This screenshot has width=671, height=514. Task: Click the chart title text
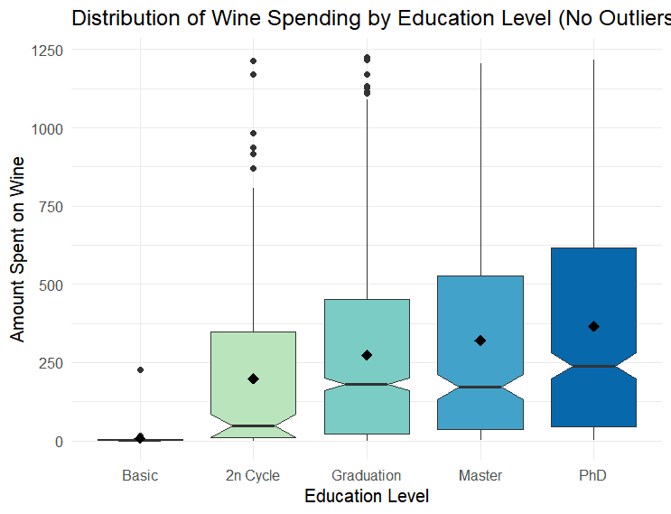tap(370, 18)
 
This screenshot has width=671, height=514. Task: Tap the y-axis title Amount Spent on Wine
tap(18, 249)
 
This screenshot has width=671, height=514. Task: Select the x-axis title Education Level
tap(366, 496)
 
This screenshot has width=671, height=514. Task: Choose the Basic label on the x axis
tap(140, 475)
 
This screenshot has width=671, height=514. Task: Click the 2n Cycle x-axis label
tap(253, 475)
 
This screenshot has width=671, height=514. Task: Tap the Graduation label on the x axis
tap(366, 475)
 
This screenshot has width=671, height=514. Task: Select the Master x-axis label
tap(480, 475)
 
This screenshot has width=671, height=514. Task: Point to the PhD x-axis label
tap(593, 475)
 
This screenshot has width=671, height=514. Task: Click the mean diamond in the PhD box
tap(593, 326)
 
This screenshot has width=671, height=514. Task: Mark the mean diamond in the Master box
tap(480, 341)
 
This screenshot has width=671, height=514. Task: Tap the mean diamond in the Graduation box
tap(367, 355)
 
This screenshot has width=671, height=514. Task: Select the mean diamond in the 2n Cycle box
tap(254, 378)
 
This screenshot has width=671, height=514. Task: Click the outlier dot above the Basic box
tap(140, 369)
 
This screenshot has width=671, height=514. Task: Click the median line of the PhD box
tap(593, 366)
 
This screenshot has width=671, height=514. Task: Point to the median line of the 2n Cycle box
tap(254, 425)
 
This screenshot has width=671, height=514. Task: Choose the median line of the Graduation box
tap(367, 384)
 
